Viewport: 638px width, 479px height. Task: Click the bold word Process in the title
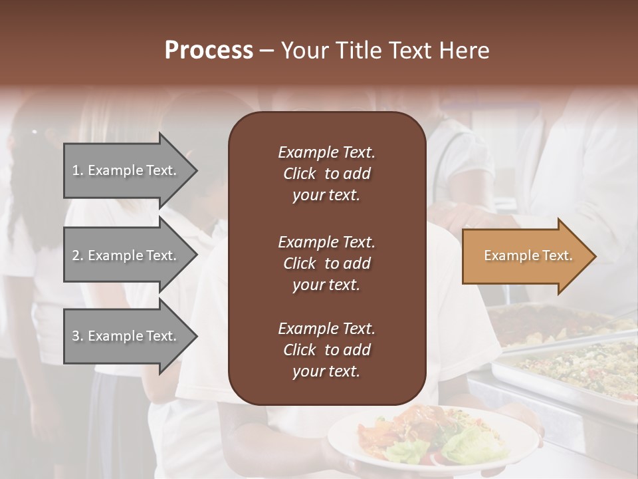point(209,51)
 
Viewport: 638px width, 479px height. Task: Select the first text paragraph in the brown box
point(326,174)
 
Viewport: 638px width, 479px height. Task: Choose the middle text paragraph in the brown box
point(326,263)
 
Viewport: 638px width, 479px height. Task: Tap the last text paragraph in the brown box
point(326,350)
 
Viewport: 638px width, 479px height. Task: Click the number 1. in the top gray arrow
point(78,170)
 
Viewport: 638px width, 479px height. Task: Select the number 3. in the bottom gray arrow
point(78,336)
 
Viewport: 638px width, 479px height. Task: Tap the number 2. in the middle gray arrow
point(78,255)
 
